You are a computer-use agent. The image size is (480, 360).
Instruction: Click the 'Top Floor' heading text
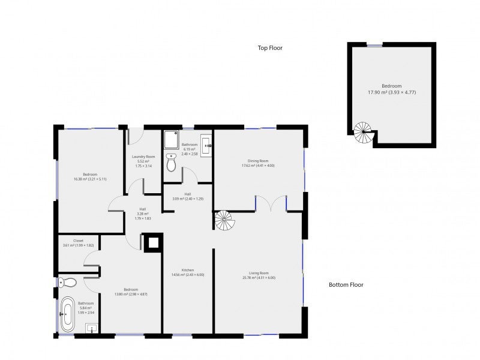click(270, 48)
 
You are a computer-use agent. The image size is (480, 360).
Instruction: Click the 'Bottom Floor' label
click(346, 285)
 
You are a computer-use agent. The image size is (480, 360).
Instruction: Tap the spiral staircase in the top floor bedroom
click(363, 133)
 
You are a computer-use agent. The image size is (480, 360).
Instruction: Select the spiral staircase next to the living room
click(225, 220)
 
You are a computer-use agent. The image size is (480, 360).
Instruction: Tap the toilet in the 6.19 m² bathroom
click(172, 163)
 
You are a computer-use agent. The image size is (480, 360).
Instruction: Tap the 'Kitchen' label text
click(188, 270)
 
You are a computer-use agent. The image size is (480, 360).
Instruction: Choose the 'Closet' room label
click(78, 241)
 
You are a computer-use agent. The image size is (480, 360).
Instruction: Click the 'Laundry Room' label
click(143, 157)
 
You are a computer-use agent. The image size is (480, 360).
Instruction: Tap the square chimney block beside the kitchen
click(152, 243)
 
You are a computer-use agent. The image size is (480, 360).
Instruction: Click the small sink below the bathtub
click(91, 328)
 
